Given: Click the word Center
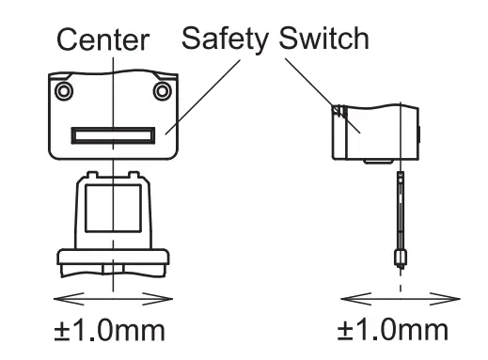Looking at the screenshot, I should pyautogui.click(x=102, y=41).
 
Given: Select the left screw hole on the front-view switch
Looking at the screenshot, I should pyautogui.click(x=62, y=91).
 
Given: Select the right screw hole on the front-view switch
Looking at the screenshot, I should pyautogui.click(x=163, y=90).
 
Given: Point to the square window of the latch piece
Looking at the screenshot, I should pyautogui.click(x=112, y=214).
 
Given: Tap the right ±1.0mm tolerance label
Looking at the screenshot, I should pyautogui.click(x=396, y=331).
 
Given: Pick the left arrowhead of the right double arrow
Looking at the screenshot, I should pyautogui.click(x=344, y=298).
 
